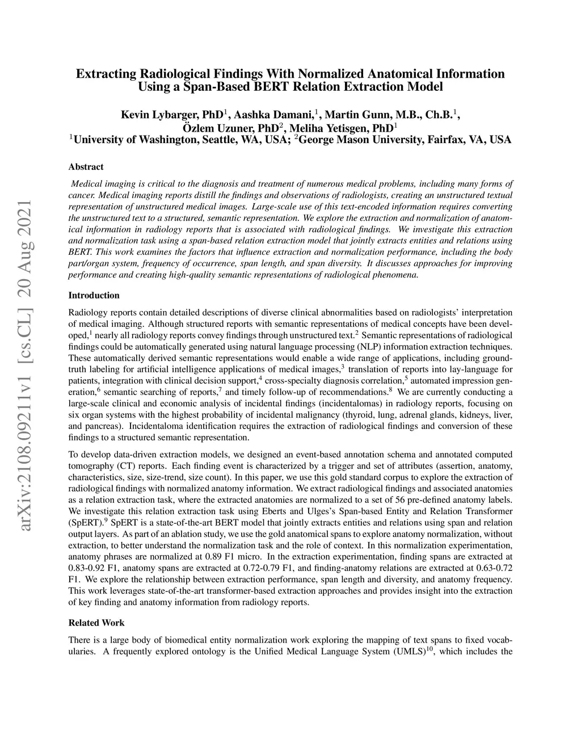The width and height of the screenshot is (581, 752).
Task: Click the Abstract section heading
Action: (86, 167)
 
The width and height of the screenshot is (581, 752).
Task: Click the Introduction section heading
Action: (94, 295)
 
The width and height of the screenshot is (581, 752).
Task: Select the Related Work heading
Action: (96, 623)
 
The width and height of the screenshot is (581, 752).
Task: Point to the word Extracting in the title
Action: (106, 74)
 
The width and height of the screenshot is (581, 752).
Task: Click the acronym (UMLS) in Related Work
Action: (408, 651)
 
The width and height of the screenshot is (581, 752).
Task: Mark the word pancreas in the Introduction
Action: (110, 426)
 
